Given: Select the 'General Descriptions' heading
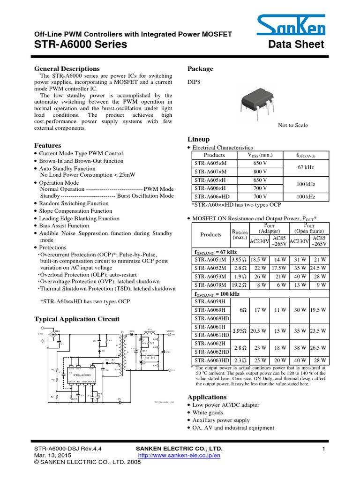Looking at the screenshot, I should pyautogui.click(x=67, y=69).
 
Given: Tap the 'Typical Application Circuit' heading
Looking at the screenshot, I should pyautogui.click(x=77, y=319).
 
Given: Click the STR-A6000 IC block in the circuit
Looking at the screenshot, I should pyautogui.click(x=82, y=375).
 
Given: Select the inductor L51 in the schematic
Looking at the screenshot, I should pyautogui.click(x=150, y=331).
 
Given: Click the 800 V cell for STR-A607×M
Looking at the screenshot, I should pyautogui.click(x=257, y=172).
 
